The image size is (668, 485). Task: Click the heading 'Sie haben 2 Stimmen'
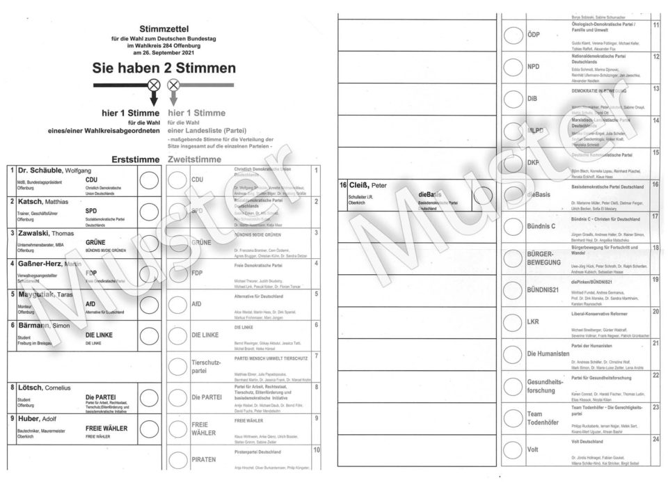point(164,68)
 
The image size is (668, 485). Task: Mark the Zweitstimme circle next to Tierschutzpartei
point(178,366)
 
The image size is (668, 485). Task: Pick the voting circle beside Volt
point(513,450)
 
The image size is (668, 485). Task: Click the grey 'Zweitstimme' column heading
point(195,159)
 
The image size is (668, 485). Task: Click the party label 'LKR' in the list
point(534,322)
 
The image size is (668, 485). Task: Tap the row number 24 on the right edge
point(655,439)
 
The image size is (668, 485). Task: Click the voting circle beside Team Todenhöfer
point(513,418)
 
